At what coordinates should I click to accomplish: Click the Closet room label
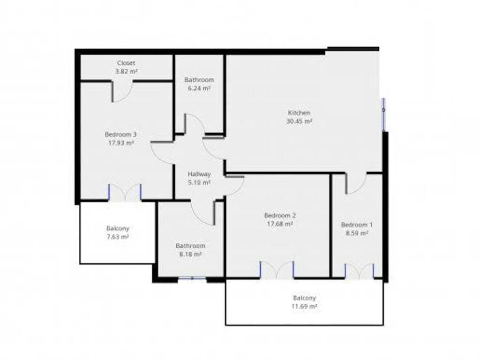(126, 63)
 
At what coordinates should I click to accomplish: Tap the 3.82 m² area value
(126, 72)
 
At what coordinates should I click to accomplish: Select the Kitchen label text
(299, 112)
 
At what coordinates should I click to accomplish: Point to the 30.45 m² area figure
(299, 121)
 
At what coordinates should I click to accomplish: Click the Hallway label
(199, 174)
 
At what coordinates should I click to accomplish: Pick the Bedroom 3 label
(120, 135)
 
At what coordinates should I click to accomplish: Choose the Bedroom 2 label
(280, 216)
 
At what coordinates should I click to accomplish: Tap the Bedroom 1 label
(357, 225)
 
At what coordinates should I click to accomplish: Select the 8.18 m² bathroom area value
(190, 255)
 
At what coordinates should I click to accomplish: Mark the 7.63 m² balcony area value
(118, 237)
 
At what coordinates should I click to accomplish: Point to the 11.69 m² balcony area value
(304, 307)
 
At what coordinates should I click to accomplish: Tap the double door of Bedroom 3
(125, 193)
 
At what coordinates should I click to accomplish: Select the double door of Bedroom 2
(277, 270)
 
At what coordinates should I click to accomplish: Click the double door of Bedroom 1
(359, 271)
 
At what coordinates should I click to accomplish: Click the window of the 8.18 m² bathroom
(192, 278)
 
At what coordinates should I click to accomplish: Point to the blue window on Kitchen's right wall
(383, 114)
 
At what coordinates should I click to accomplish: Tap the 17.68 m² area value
(280, 224)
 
